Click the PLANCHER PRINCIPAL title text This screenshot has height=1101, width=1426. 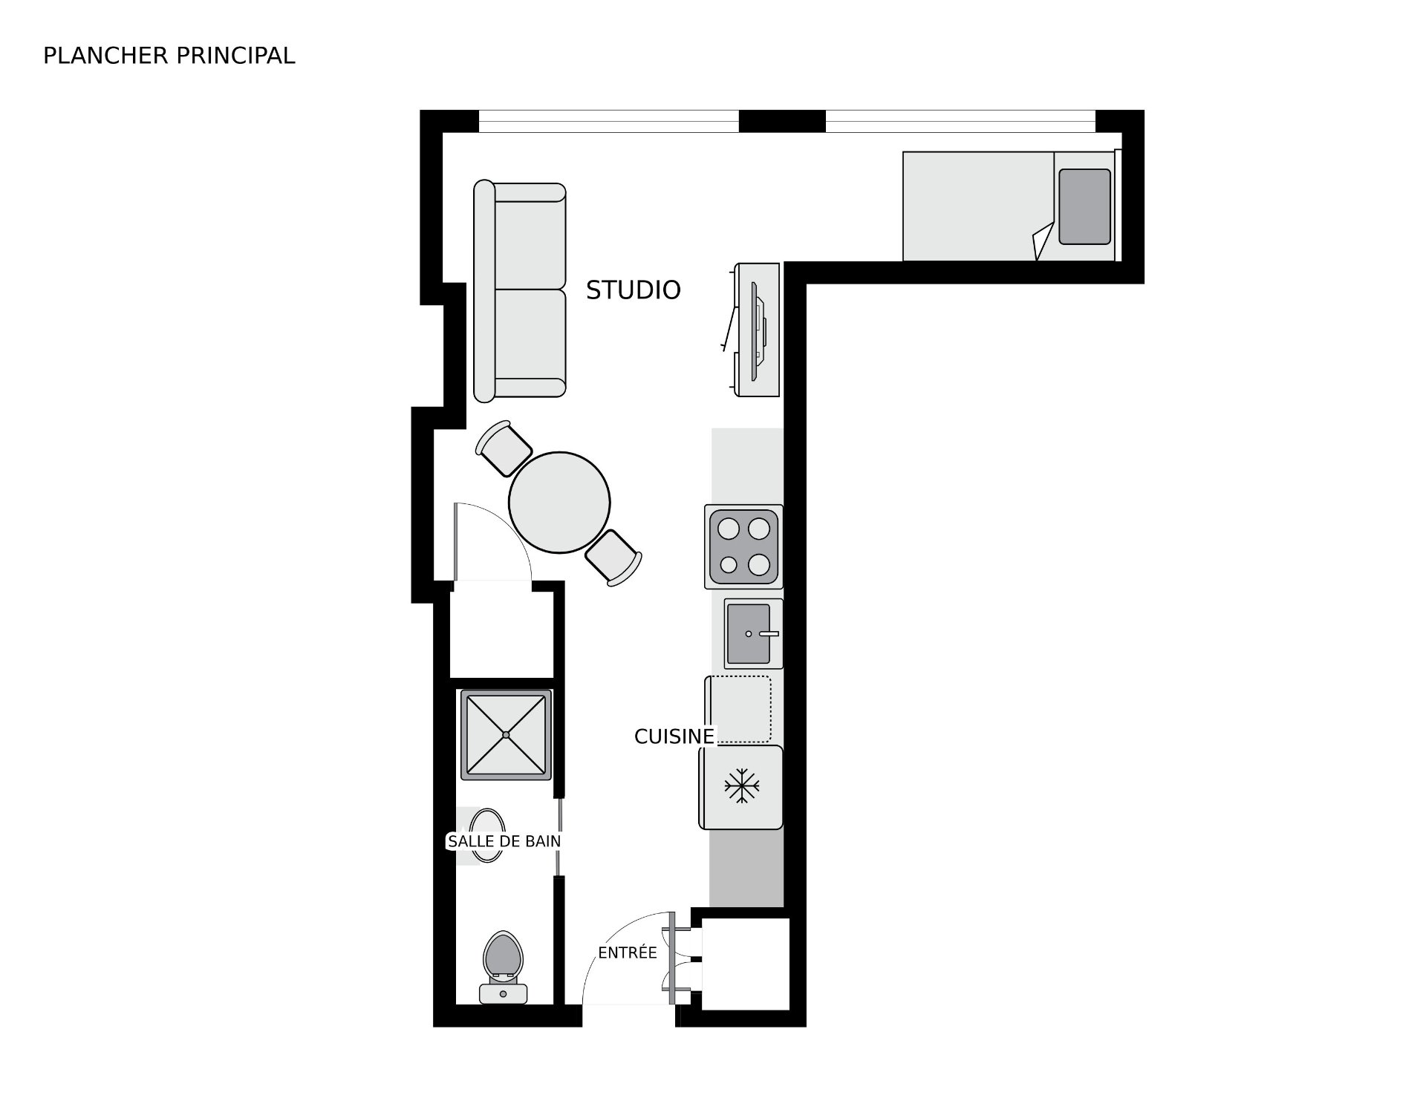169,56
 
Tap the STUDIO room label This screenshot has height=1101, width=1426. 633,290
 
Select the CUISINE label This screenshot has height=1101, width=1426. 674,736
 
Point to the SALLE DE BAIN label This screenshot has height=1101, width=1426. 504,841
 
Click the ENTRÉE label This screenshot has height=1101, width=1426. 628,953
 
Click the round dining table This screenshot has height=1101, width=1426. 559,503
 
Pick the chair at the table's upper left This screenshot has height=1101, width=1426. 504,448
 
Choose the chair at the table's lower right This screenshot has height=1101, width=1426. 613,558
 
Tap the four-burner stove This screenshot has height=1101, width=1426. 743,547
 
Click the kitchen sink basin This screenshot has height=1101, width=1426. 749,633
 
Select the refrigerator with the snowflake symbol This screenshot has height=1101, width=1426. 740,787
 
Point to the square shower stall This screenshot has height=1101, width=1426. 506,734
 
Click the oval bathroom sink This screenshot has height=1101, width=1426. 487,835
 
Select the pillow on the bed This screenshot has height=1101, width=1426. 1084,206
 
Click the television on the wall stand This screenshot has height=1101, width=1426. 758,330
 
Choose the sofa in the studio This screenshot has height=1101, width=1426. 520,290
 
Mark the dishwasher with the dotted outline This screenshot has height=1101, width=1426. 738,709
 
